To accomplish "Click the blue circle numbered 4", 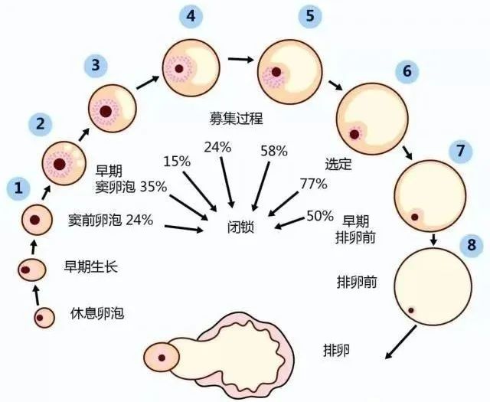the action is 191,16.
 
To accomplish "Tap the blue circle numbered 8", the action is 471,245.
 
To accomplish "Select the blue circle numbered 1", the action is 18,188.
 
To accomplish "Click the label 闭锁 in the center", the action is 240,227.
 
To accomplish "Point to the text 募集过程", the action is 237,119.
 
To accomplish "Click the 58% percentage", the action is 274,151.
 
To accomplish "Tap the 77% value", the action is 313,184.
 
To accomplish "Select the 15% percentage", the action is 177,162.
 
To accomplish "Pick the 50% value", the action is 320,216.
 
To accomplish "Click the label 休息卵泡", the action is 97,313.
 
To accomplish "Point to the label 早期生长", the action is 91,267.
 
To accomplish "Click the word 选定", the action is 338,164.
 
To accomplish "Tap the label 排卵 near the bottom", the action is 336,351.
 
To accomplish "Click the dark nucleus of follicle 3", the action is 106,111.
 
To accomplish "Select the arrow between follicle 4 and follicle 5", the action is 240,59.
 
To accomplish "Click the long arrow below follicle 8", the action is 401,342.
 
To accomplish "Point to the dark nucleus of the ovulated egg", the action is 162,358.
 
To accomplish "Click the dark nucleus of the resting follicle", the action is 40,318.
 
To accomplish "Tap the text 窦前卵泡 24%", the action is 110,221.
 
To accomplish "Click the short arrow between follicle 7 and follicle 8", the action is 433,239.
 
